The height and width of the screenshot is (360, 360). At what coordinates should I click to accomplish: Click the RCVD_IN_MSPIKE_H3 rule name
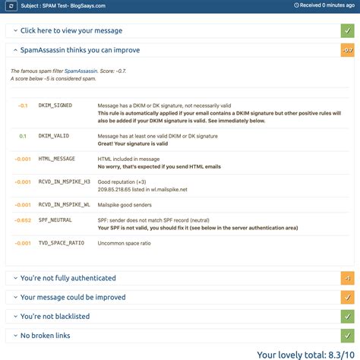click(64, 182)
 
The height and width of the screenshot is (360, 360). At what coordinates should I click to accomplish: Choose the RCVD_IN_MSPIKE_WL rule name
click(64, 205)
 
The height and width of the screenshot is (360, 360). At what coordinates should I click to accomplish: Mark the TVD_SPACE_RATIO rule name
click(61, 243)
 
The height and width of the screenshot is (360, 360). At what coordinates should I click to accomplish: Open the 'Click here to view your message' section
click(72, 30)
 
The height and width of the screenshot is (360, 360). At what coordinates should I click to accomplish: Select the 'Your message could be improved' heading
click(73, 297)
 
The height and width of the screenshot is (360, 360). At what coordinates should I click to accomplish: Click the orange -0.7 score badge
click(348, 50)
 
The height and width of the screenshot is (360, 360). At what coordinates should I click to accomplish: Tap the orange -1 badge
click(348, 278)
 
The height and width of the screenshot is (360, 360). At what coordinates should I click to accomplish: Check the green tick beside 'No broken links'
click(348, 335)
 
